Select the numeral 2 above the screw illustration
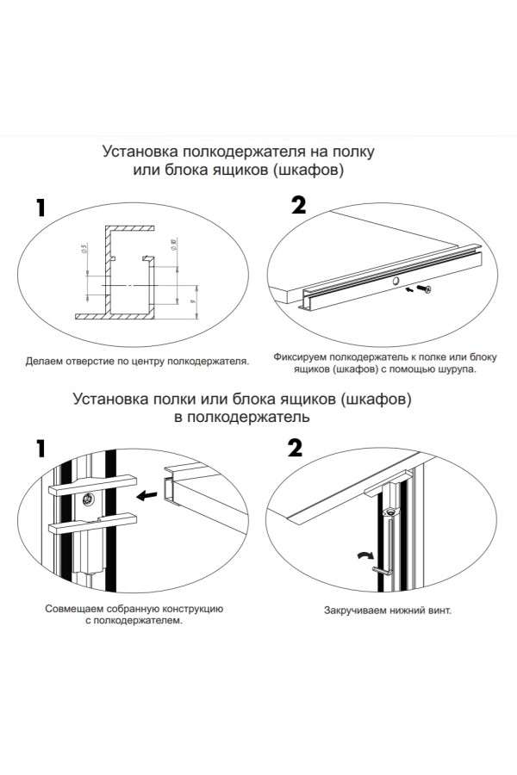pos(298,206)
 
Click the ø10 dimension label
pos(174,247)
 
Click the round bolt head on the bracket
pos(90,499)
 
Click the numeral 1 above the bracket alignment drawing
pos(40,449)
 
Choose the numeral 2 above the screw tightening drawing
pos(295,449)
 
